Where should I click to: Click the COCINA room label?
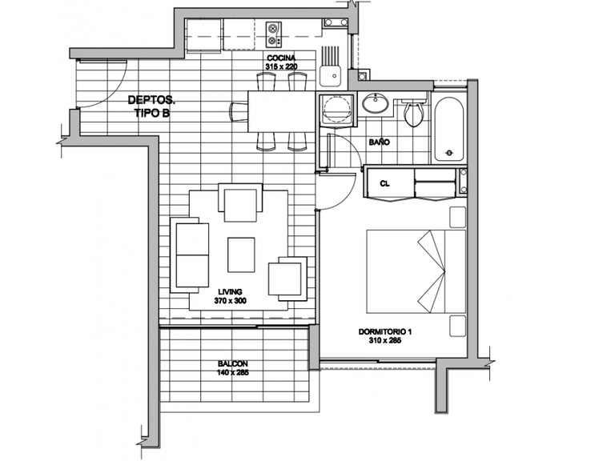pos(281,58)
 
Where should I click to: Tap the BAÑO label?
pos(380,142)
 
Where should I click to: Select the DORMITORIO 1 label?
pos(384,331)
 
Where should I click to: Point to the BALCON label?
pos(232,364)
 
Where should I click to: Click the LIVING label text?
pos(231,291)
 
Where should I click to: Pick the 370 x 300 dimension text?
pos(231,301)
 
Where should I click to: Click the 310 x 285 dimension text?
pos(384,340)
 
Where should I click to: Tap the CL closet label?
pos(384,183)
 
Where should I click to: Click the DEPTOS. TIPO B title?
pos(152,106)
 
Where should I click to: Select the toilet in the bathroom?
pos(414,112)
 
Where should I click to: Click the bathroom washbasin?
pos(375,103)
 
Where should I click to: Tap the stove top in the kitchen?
pos(274,34)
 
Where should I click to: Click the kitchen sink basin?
pos(329,76)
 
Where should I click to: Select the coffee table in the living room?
pos(241,255)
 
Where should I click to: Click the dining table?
pos(282,111)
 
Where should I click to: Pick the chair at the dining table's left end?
pos(239,112)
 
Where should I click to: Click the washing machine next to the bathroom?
pos(336,110)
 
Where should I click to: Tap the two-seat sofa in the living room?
pos(189,255)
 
